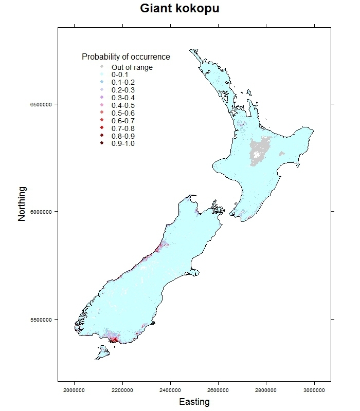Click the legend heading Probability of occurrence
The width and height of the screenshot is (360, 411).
coord(126,57)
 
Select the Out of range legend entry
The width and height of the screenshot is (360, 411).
coord(132,67)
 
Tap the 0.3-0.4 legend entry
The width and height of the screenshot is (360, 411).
coord(123,98)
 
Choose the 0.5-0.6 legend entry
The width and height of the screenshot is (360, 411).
coord(123,113)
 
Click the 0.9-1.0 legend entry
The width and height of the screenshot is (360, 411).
coord(123,144)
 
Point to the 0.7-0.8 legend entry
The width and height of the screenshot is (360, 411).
coord(123,128)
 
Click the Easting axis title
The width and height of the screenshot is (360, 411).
coord(194,402)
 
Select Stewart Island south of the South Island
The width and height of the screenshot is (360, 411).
coord(102,352)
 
